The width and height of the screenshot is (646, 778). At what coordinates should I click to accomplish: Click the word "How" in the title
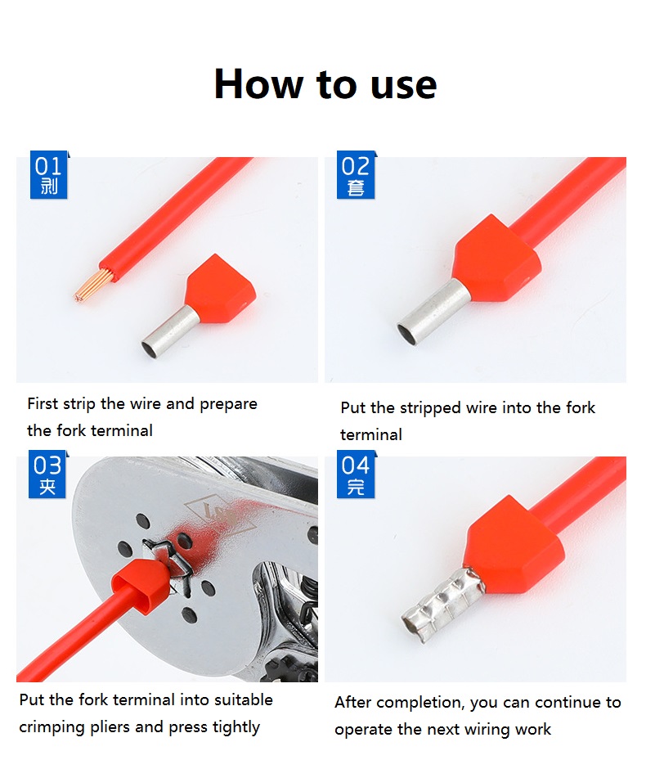click(258, 83)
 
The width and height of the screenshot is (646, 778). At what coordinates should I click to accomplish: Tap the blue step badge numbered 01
click(48, 174)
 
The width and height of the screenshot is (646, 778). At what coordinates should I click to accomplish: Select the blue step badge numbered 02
click(356, 174)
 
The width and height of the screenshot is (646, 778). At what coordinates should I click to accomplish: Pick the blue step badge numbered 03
click(47, 474)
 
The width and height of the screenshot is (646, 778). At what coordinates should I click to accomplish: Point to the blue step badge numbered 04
click(356, 474)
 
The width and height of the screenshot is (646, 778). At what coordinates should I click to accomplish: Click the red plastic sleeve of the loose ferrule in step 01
click(220, 290)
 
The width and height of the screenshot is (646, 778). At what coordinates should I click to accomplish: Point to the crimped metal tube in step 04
click(442, 605)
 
